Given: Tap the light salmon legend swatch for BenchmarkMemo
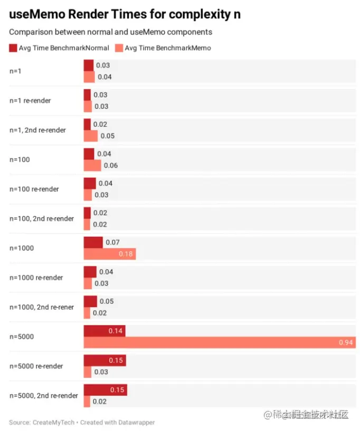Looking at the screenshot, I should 119,48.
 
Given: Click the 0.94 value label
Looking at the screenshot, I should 345,343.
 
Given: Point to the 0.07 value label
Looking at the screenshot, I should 112,243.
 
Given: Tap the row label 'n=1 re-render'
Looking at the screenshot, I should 30,100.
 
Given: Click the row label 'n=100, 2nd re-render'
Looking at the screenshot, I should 42,218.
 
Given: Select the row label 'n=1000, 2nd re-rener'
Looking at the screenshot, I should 42,307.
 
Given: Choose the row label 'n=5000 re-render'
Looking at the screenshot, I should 36,366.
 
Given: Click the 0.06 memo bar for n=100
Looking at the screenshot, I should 92,166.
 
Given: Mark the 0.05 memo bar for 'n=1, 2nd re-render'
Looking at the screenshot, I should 90,136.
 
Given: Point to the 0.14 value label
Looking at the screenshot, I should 116,331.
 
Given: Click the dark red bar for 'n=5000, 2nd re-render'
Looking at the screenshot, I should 105,390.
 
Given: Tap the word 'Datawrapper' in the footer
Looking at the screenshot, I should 136,423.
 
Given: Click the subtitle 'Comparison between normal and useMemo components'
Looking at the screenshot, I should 110,32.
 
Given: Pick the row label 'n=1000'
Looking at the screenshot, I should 21,248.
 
